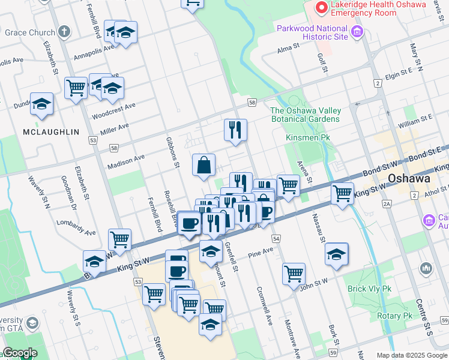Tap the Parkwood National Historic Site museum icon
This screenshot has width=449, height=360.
pos(357,32)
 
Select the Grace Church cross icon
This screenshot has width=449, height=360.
pos(64,32)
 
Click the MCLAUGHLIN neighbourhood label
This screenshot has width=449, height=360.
pos(43,131)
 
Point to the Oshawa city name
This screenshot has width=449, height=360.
pos(410,178)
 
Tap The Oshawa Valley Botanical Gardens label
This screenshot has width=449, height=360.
pos(306,115)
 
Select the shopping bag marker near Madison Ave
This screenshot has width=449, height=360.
pos(204,164)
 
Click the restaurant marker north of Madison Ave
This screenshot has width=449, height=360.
pos(235,129)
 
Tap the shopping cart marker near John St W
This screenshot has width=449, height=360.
pos(294,273)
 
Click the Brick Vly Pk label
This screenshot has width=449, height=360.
pos(369,289)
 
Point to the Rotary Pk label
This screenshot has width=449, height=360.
pos(394,316)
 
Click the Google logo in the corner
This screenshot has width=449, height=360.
pos(19,353)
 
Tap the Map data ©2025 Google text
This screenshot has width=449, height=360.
pos(412,355)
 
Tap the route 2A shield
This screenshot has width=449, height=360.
pos(388,205)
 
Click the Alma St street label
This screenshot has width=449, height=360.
pos(288,50)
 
